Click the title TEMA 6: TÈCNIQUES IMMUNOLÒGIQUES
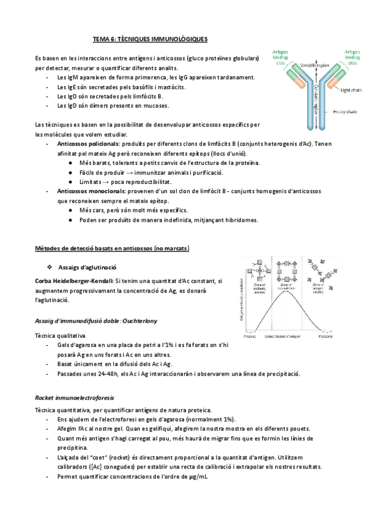150,39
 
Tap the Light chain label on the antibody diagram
350,90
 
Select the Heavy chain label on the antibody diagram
346,111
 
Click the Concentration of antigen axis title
284,336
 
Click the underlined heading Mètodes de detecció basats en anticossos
113,249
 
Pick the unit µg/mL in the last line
199,476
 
